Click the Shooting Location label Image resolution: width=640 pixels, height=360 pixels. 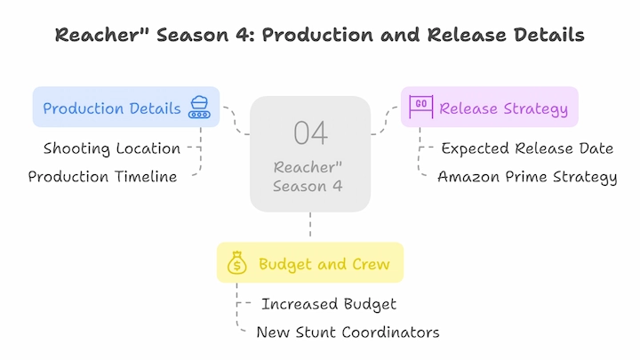point(112,148)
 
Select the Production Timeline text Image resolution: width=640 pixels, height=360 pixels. point(102,177)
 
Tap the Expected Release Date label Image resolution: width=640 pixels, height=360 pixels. point(527,148)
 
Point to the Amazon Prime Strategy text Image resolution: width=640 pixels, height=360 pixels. point(527,177)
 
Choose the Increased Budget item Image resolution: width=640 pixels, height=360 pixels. point(329,304)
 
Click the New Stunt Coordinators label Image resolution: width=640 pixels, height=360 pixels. point(348,332)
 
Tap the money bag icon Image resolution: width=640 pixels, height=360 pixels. point(237,262)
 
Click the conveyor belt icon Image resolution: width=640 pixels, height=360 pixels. point(199,108)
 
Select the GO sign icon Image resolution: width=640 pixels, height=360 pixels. point(421,107)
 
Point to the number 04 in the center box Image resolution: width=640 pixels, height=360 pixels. point(310,133)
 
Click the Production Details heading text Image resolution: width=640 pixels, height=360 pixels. point(112,108)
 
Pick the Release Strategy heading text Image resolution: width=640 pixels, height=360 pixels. point(504,109)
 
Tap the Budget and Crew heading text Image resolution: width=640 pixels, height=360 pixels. point(324,265)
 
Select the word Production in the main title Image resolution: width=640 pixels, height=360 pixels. point(317,35)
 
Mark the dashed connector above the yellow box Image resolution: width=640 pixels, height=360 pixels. point(310,224)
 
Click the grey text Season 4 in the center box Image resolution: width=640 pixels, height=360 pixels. point(308,187)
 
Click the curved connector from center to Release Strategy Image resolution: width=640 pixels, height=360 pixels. point(385,121)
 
